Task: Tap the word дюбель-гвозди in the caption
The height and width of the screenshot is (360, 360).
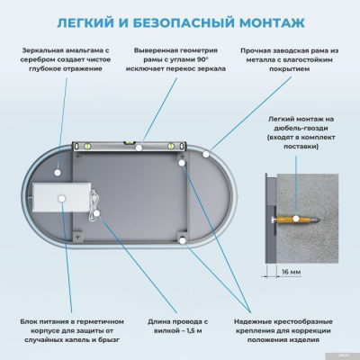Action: tap(304, 130)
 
